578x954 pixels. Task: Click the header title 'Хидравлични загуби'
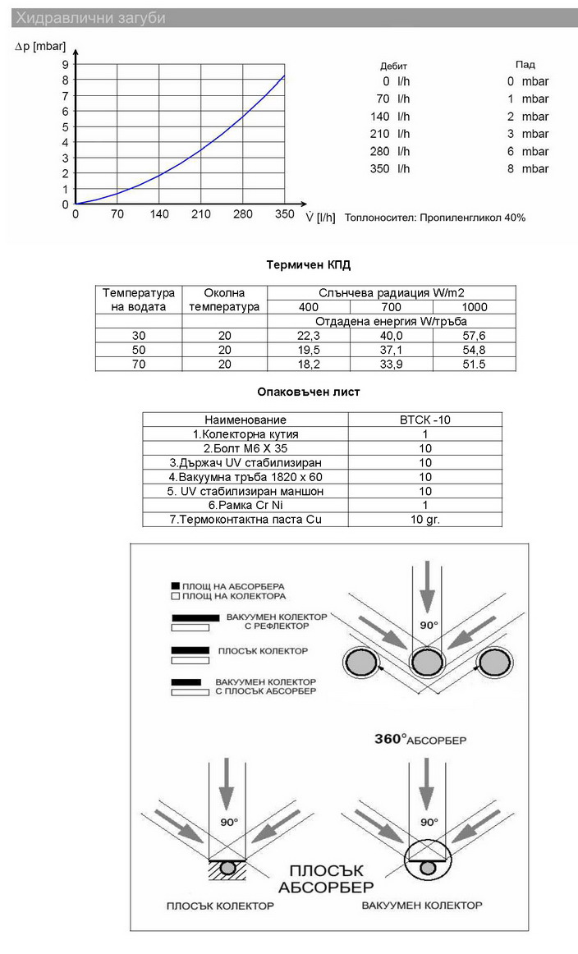(x=91, y=18)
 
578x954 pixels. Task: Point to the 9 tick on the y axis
(x=66, y=64)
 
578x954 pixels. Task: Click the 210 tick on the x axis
(x=201, y=214)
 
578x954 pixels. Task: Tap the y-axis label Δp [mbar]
(x=41, y=47)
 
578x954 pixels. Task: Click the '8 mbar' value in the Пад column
(x=527, y=168)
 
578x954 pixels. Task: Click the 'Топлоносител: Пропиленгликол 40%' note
(x=435, y=218)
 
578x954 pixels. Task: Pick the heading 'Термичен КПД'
(x=309, y=265)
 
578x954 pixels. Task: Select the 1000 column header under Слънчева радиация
(x=474, y=306)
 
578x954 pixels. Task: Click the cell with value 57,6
(x=474, y=335)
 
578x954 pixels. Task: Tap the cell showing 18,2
(x=309, y=364)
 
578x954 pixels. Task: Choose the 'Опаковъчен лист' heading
(x=309, y=392)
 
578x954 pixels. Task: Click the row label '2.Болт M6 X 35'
(x=245, y=448)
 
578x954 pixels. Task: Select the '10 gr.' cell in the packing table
(x=424, y=519)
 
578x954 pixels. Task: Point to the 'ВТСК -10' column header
(x=424, y=420)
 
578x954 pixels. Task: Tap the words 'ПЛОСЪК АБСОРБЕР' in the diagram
(x=326, y=878)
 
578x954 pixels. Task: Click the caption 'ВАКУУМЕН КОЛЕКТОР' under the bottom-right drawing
(x=422, y=906)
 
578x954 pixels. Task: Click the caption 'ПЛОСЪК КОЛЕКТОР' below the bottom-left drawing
(x=220, y=906)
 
